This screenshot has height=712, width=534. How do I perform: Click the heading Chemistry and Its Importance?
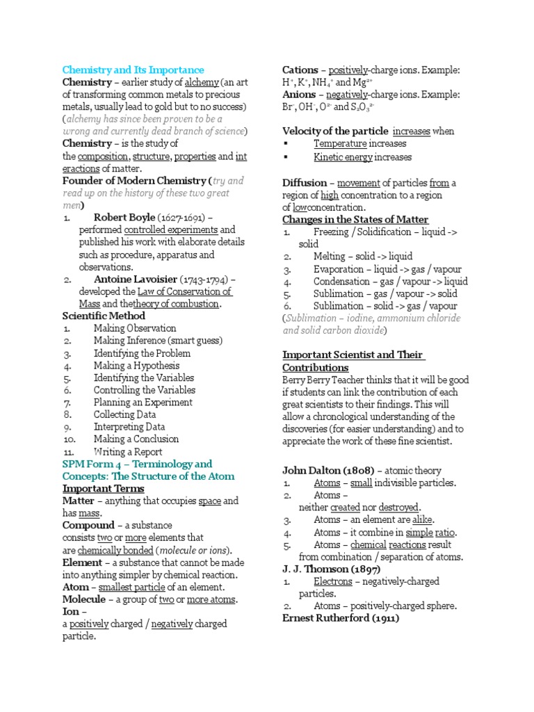pos(133,70)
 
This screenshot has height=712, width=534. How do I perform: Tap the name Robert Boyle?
pos(124,218)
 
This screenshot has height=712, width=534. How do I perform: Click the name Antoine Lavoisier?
pos(133,280)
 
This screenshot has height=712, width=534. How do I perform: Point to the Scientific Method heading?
pos(104,316)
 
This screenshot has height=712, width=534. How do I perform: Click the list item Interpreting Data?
pos(129,427)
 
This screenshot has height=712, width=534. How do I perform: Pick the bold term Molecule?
pos(84,599)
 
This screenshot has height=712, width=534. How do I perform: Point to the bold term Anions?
pos(299,95)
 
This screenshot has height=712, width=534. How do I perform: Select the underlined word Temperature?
pos(340,144)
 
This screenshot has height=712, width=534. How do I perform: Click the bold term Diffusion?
pos(304,183)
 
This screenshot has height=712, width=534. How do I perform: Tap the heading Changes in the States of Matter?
pos(355,220)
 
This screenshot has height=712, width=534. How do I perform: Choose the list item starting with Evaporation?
pos(374,269)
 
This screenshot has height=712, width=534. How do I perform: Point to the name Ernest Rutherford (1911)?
pos(341,618)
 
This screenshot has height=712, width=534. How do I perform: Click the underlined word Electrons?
pos(333,581)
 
